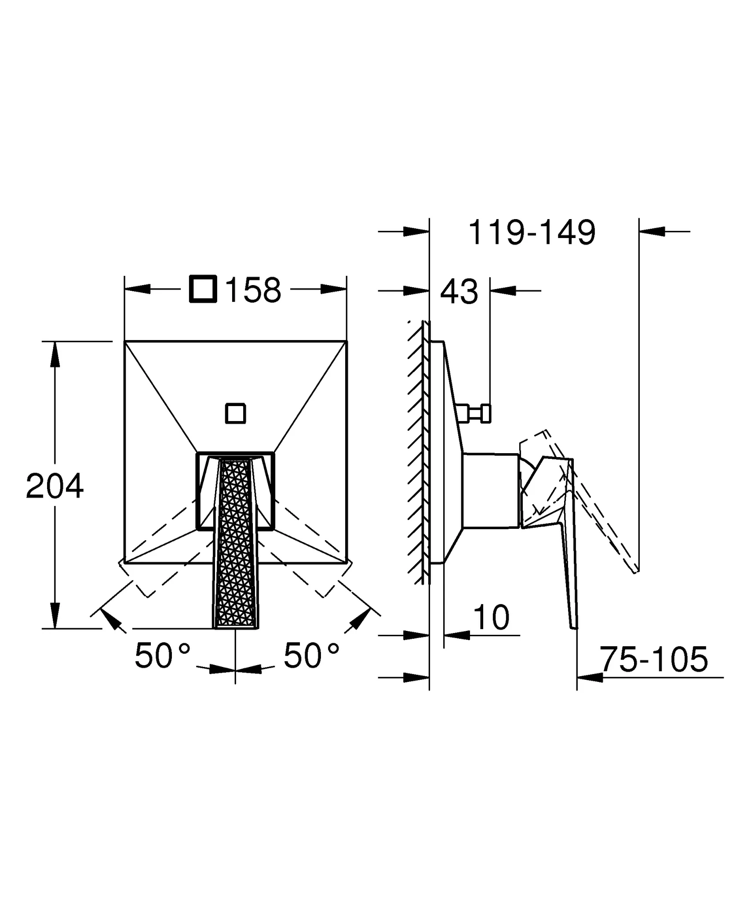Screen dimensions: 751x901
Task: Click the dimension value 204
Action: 55,487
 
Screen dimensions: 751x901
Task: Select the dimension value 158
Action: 253,290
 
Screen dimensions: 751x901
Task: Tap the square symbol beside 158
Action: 203,289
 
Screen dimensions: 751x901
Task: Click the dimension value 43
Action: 459,292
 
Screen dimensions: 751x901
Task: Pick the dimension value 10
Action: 492,618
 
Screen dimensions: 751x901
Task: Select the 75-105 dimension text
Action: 654,659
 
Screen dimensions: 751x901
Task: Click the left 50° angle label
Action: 162,656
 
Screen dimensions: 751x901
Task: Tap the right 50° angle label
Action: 311,656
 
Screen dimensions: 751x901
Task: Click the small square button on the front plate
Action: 235,414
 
